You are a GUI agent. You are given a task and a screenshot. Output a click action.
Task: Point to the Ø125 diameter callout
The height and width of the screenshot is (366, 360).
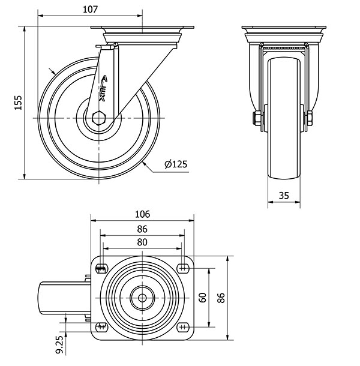point(175,164)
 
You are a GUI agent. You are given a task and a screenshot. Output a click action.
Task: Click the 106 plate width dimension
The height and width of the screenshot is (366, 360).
point(142,214)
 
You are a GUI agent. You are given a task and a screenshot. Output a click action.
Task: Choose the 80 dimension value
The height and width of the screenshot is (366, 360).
point(142,243)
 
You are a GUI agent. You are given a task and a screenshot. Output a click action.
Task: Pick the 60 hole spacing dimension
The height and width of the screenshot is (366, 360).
point(204,298)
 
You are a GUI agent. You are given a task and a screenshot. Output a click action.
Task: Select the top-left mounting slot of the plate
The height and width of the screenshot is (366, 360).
point(100,268)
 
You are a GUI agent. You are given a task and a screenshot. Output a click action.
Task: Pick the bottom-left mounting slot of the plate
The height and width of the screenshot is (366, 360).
point(100,326)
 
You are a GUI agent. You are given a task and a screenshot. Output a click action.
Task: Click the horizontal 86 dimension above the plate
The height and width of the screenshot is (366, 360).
point(142,229)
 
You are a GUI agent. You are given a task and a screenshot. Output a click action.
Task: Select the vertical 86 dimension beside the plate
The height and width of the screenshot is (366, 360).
point(221,298)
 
